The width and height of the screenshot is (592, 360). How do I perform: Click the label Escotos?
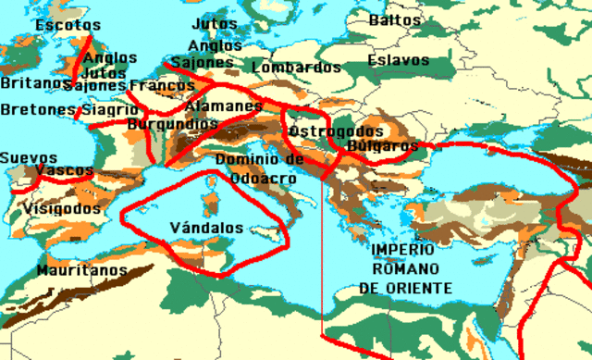click(x=68, y=25)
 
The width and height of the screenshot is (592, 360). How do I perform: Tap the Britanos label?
click(x=30, y=83)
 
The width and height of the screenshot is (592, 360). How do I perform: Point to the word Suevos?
click(x=28, y=158)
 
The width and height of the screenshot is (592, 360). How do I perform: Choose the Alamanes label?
click(x=224, y=106)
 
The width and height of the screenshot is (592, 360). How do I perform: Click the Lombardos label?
click(x=296, y=68)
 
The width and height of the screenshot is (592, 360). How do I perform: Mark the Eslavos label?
click(x=398, y=60)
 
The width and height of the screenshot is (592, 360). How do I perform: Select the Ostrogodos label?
click(x=335, y=131)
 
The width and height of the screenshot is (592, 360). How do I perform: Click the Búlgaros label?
click(x=383, y=146)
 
